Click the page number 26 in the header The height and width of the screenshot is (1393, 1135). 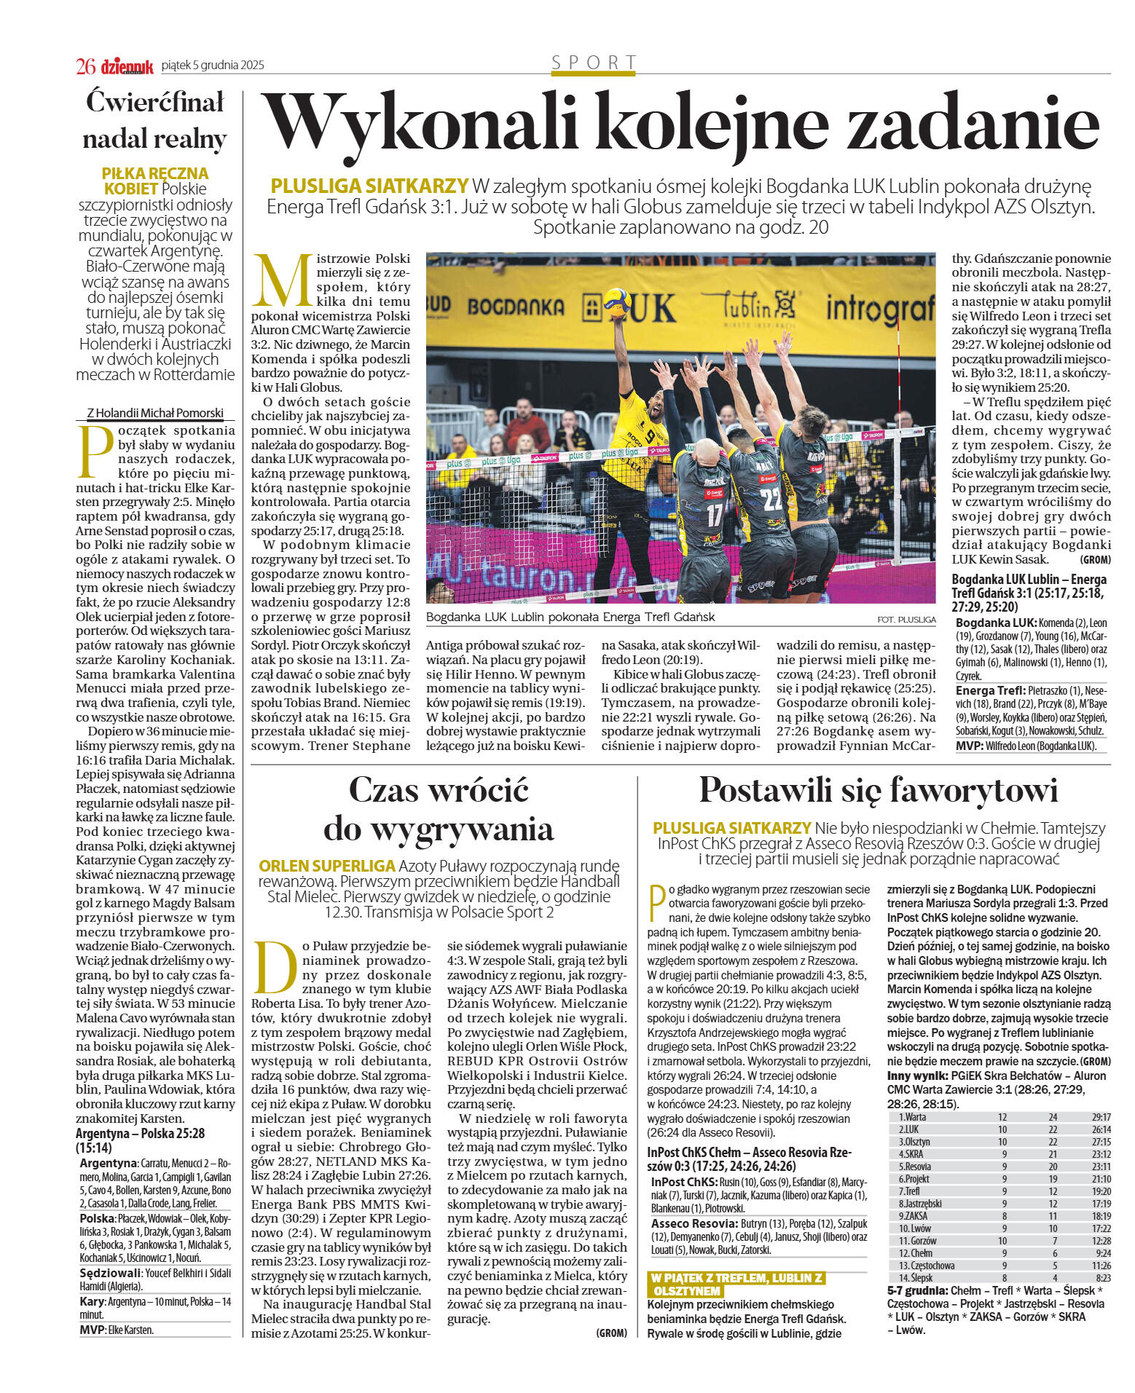click(x=85, y=66)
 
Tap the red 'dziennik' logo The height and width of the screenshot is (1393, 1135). click(x=127, y=67)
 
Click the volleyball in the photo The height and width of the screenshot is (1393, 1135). click(x=616, y=299)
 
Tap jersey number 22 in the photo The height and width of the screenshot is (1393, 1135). click(x=770, y=499)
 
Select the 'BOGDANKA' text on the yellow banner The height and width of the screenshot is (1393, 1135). click(x=515, y=307)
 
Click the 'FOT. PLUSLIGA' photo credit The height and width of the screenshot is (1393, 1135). click(x=906, y=620)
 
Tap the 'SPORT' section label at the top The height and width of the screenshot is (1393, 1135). click(x=593, y=63)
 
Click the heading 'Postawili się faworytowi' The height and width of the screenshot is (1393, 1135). click(x=878, y=790)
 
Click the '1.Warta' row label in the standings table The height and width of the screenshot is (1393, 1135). click(x=912, y=1117)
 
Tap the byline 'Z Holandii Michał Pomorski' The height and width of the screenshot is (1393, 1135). click(x=155, y=413)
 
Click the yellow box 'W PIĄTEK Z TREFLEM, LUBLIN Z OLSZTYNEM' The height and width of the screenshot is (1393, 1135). click(x=736, y=1285)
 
